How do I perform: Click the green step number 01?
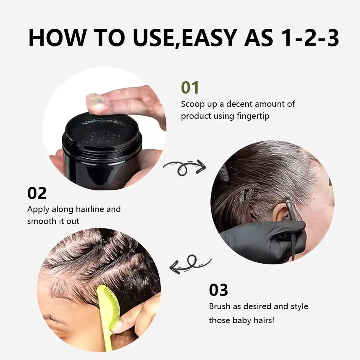coord(190,87)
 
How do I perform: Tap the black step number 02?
coord(37,193)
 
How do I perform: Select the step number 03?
coord(218,290)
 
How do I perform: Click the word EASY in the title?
coord(209,38)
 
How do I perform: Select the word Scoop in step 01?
coord(192,104)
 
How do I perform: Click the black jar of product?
coord(102,148)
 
